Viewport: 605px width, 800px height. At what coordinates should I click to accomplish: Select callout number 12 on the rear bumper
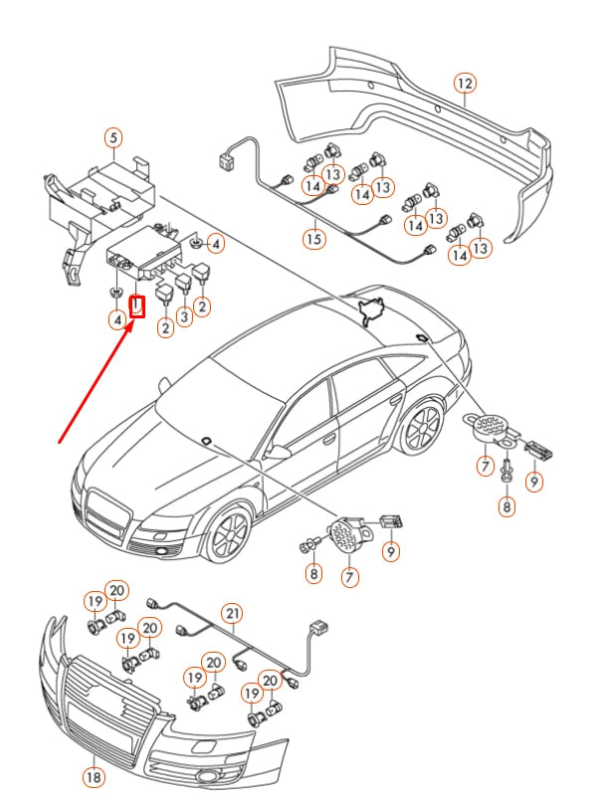click(465, 84)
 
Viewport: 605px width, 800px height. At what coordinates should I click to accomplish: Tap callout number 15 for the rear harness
click(314, 238)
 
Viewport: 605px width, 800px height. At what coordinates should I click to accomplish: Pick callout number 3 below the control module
click(184, 317)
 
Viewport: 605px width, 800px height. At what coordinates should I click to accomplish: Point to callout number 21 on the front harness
click(232, 613)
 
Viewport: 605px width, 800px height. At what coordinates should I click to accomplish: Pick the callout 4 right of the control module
click(215, 242)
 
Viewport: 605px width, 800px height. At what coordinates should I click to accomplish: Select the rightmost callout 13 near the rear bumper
click(481, 247)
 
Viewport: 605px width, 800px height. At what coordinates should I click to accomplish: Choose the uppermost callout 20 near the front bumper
click(116, 591)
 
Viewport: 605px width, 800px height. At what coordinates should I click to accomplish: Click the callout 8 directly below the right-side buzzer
click(507, 505)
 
